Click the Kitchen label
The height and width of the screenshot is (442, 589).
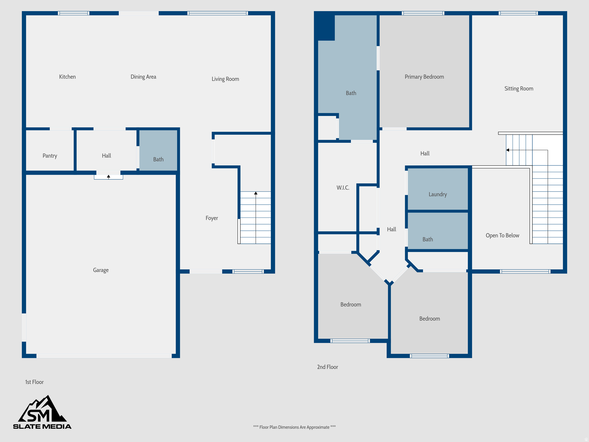click(67, 77)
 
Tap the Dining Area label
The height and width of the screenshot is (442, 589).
click(143, 77)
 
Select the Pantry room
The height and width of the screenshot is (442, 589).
click(50, 156)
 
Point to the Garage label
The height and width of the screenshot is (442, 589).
click(101, 270)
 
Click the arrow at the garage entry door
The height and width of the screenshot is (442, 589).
click(108, 177)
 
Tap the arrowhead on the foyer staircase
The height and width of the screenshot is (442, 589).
click(256, 193)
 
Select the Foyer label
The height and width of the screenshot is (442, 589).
click(212, 218)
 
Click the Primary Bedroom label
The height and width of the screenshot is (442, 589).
click(424, 77)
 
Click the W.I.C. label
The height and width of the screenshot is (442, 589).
click(343, 188)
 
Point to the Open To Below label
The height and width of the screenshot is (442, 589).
click(502, 235)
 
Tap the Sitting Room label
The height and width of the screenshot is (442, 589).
click(519, 89)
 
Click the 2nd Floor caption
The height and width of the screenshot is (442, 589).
click(327, 367)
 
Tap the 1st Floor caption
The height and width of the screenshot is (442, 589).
click(34, 382)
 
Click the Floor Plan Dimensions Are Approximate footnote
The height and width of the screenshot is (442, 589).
click(294, 427)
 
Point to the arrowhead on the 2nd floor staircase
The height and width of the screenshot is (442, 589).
click(508, 150)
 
